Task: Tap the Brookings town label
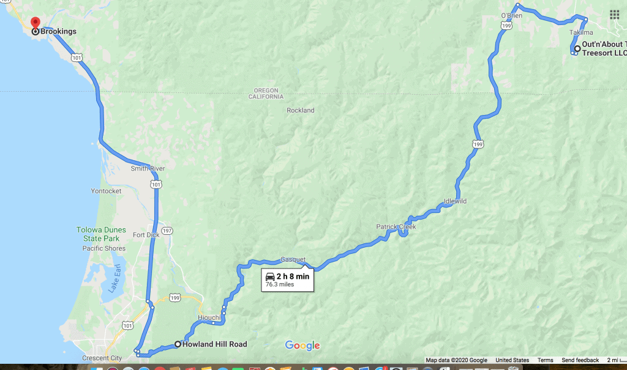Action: (58, 31)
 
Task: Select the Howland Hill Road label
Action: (214, 344)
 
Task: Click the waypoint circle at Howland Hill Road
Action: (178, 344)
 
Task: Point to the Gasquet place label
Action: (293, 259)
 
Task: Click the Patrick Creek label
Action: (396, 227)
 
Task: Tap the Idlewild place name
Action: (455, 201)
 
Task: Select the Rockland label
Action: (301, 111)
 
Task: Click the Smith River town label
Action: (147, 168)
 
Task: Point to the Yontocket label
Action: (106, 191)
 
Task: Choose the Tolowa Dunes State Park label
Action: (100, 234)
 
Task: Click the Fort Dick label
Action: (146, 235)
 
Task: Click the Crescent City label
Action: (102, 358)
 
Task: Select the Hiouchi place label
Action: (209, 317)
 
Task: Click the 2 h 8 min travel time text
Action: (293, 276)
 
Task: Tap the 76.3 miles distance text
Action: (280, 285)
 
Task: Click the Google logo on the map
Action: (302, 346)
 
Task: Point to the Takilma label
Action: (581, 32)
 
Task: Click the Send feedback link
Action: (580, 360)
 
